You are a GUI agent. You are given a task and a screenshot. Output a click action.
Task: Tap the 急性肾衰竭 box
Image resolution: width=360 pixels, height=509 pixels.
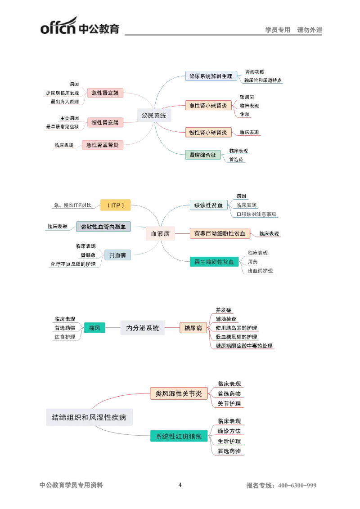105,93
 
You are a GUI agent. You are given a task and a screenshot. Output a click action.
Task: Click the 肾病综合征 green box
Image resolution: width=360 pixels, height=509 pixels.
203,155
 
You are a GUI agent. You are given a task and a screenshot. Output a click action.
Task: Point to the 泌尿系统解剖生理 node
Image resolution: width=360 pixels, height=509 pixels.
211,76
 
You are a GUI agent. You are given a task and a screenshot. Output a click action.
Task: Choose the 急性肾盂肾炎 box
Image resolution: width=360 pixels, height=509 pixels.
102,145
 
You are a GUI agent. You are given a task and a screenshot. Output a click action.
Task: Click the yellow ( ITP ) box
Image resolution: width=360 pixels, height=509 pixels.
116,205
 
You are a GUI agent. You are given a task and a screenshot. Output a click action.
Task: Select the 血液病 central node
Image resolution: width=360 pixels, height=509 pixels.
160,233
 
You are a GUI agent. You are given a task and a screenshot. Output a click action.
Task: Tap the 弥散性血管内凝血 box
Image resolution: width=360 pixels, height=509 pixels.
103,226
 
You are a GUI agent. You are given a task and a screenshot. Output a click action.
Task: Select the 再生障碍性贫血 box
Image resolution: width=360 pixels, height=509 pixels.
214,262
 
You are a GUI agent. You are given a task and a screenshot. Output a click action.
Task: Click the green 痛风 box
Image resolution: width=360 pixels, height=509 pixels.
94,328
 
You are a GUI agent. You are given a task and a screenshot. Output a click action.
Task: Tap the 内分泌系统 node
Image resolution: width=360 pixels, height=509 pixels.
142,328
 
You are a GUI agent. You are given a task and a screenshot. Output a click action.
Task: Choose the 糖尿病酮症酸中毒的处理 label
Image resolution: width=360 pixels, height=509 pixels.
243,346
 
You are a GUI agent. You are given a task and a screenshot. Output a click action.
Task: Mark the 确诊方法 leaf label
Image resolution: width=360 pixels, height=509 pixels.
229,431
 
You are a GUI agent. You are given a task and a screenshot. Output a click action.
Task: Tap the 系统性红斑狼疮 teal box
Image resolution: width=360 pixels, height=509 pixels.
179,436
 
